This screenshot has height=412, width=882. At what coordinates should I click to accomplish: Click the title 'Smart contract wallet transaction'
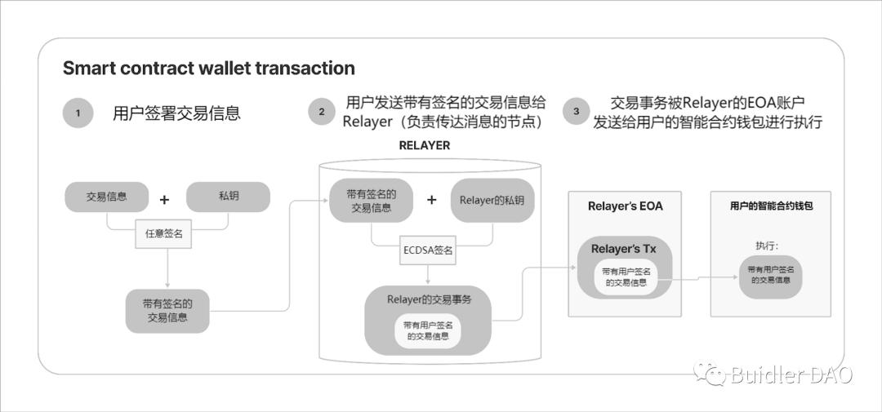(x=209, y=69)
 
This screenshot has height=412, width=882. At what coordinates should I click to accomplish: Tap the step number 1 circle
(x=78, y=113)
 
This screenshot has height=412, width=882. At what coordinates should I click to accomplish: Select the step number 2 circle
(x=322, y=112)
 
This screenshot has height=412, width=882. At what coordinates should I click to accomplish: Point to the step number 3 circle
(x=577, y=112)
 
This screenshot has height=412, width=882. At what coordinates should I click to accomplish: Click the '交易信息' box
(x=107, y=197)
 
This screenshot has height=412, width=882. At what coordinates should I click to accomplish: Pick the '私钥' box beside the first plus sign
(x=228, y=197)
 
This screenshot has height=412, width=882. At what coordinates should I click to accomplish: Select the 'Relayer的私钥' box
(x=492, y=200)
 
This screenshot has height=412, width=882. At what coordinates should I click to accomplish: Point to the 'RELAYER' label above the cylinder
(x=424, y=146)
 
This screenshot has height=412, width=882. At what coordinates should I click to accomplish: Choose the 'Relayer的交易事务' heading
(x=429, y=299)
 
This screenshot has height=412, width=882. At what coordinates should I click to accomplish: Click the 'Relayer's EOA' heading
(x=626, y=206)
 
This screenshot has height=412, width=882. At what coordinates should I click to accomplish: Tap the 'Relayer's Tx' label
(x=626, y=249)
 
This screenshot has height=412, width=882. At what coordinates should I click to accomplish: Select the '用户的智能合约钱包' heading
(x=771, y=206)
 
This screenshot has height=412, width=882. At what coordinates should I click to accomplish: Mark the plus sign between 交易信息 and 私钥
(x=164, y=199)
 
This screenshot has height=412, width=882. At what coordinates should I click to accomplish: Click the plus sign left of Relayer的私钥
(x=432, y=200)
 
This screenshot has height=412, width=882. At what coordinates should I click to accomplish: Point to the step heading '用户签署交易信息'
(x=176, y=113)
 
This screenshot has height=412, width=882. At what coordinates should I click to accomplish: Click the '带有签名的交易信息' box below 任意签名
(x=167, y=310)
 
